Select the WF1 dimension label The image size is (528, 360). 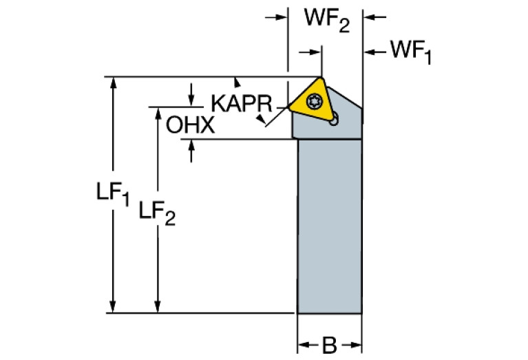tap(410, 52)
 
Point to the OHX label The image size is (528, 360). tap(190, 125)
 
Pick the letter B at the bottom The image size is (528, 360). tap(329, 343)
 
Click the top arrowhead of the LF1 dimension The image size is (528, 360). tap(114, 82)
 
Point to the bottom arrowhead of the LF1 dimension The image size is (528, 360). tap(114, 307)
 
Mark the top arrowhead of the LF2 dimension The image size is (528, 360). tap(158, 112)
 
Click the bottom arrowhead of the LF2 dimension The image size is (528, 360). tap(158, 307)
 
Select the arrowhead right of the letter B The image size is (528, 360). tap(356, 343)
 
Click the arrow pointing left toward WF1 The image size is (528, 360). tap(370, 51)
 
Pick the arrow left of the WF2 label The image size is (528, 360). tap(280, 17)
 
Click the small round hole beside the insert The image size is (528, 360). tap(334, 123)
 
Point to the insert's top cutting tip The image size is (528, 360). tap(321, 77)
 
